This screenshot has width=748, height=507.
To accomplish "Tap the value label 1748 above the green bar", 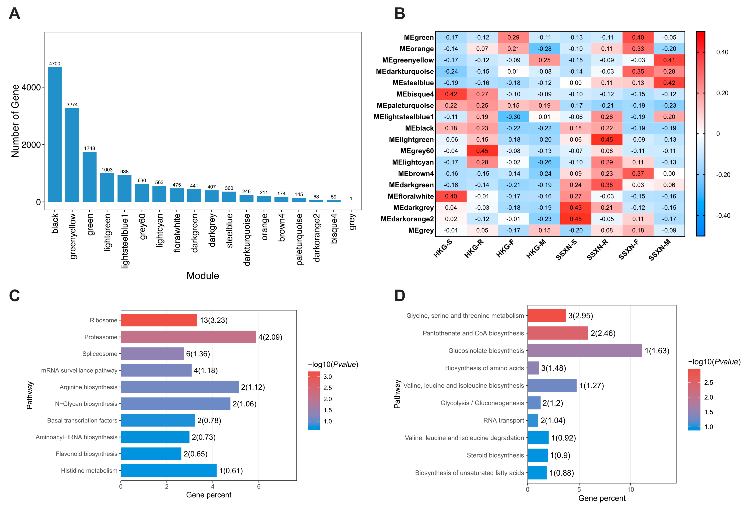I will click(x=89, y=148).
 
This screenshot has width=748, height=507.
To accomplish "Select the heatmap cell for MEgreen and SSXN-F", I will click(x=638, y=37).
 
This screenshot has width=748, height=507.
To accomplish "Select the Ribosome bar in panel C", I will click(x=159, y=320).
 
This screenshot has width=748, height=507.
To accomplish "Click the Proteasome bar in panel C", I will click(x=188, y=337).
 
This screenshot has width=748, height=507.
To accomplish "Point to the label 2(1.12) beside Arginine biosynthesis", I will click(x=253, y=387).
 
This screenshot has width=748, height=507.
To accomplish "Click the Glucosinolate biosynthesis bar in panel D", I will click(x=584, y=351).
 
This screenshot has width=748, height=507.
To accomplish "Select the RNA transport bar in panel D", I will click(x=533, y=420).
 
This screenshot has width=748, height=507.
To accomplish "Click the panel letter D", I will click(x=400, y=295).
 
